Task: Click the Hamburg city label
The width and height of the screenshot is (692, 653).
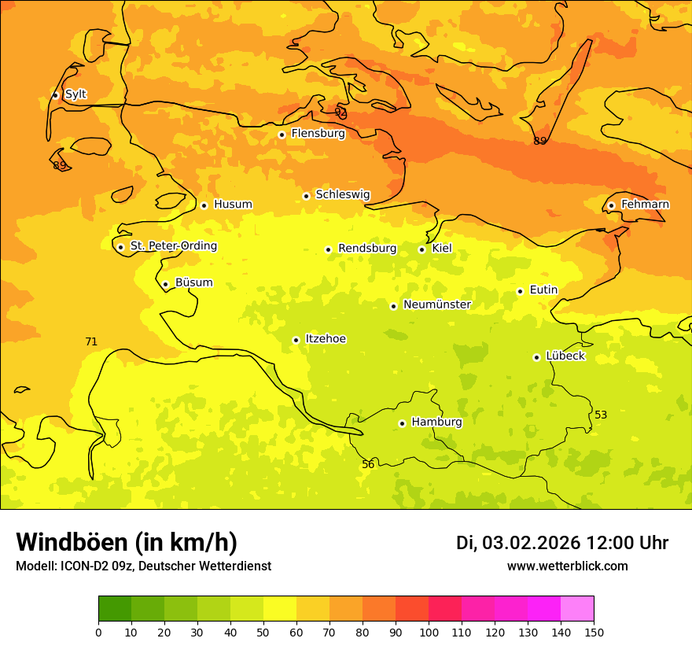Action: click(436, 422)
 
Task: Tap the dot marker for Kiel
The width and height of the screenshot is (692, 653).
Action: click(421, 249)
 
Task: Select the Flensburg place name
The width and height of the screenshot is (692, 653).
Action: click(318, 134)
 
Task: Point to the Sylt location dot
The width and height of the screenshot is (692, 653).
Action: click(55, 95)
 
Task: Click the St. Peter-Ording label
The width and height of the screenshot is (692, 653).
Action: click(173, 246)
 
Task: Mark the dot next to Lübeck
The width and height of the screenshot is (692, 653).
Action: click(537, 357)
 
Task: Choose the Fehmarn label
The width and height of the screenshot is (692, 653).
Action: click(645, 205)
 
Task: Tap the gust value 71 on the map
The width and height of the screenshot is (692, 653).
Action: click(91, 342)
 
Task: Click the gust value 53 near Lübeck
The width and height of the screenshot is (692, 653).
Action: click(601, 415)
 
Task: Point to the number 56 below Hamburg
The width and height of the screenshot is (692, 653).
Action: click(368, 465)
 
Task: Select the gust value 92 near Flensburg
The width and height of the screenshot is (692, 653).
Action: click(340, 113)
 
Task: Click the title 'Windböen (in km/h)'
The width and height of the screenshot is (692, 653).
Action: click(127, 542)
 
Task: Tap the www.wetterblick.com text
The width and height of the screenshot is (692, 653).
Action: click(567, 566)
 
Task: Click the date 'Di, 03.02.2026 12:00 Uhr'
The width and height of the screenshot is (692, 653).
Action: click(562, 543)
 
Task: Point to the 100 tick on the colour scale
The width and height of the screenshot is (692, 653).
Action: click(429, 632)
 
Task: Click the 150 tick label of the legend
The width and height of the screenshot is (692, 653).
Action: click(594, 632)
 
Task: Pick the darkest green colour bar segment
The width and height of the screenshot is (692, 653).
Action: click(115, 609)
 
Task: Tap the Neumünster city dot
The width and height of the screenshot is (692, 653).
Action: click(393, 306)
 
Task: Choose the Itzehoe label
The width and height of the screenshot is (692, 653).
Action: click(325, 339)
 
